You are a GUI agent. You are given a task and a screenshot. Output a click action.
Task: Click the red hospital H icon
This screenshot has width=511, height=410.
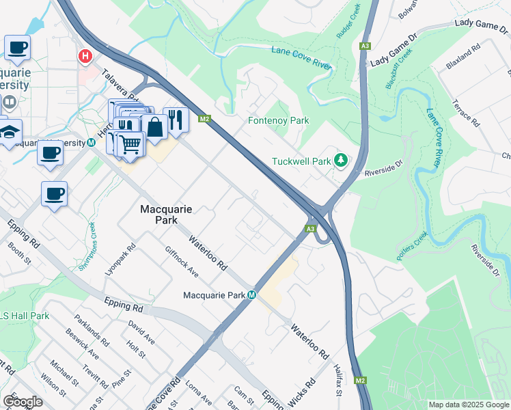[x=85, y=56]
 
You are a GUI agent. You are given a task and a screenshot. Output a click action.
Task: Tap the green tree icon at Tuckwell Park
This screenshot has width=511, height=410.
[x=341, y=161]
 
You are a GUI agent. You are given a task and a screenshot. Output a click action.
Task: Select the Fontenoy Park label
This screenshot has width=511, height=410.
[x=278, y=121]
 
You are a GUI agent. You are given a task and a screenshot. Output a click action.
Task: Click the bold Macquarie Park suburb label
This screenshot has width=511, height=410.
[x=158, y=215]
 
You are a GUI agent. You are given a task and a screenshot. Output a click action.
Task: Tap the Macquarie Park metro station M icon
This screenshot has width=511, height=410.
[x=252, y=295]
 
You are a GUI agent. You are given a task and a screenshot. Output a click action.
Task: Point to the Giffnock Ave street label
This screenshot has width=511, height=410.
[x=182, y=262]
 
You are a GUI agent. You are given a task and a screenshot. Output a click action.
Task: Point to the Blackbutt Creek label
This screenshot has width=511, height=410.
[x=400, y=68]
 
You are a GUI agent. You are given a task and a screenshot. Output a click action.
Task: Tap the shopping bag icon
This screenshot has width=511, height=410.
[x=155, y=126]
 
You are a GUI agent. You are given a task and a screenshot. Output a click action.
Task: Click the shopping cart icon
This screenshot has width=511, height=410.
[x=130, y=144]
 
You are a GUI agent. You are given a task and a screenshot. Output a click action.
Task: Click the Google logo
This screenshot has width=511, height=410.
[x=23, y=402]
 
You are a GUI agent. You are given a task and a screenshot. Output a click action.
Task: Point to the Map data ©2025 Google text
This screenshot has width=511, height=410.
[x=468, y=405]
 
